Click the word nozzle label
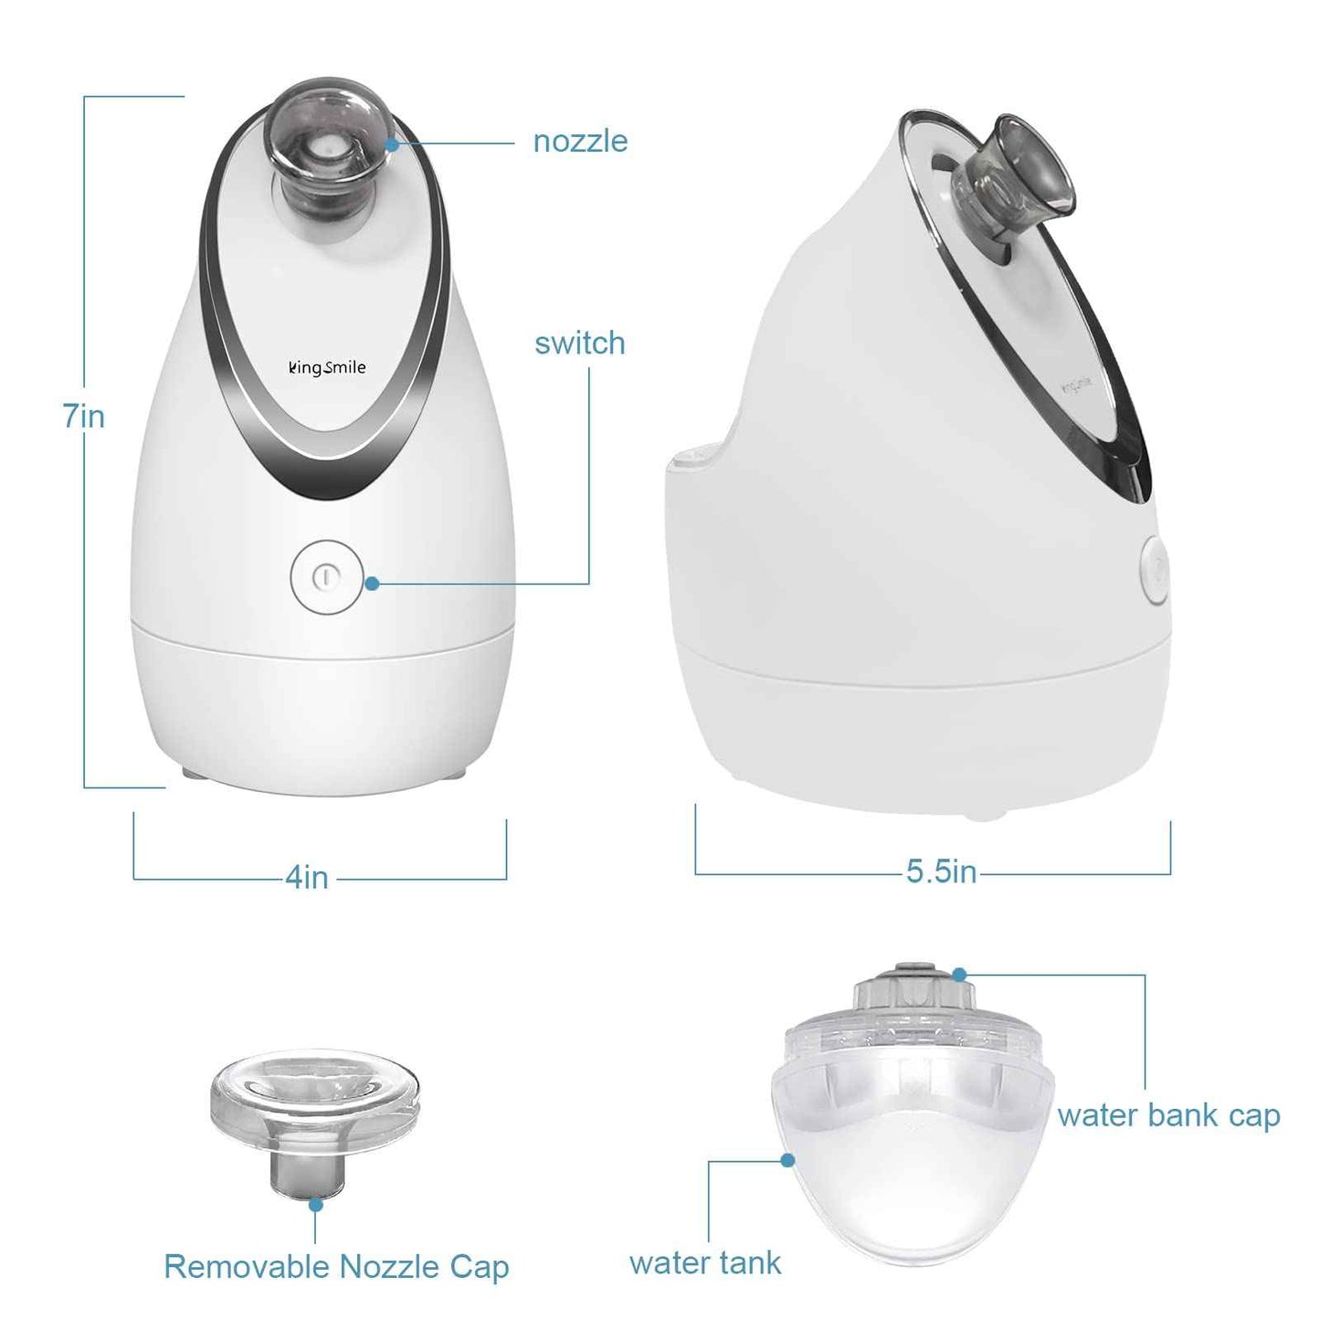pyautogui.click(x=580, y=142)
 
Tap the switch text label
pyautogui.click(x=580, y=343)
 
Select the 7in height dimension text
pyautogui.click(x=84, y=417)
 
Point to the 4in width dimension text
pyautogui.click(x=307, y=877)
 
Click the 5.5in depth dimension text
pyautogui.click(x=941, y=871)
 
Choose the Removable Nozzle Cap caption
pyautogui.click(x=336, y=1267)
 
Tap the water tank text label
pyautogui.click(x=705, y=1262)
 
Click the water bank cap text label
pyautogui.click(x=1168, y=1115)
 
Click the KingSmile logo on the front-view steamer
pyautogui.click(x=327, y=367)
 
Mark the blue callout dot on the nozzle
pyautogui.click(x=391, y=143)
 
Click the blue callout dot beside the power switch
pyautogui.click(x=372, y=583)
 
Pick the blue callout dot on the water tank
pyautogui.click(x=787, y=1160)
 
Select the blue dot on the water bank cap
pyautogui.click(x=959, y=975)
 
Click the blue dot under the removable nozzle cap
pyautogui.click(x=315, y=1205)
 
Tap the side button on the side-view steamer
pyautogui.click(x=1155, y=571)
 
